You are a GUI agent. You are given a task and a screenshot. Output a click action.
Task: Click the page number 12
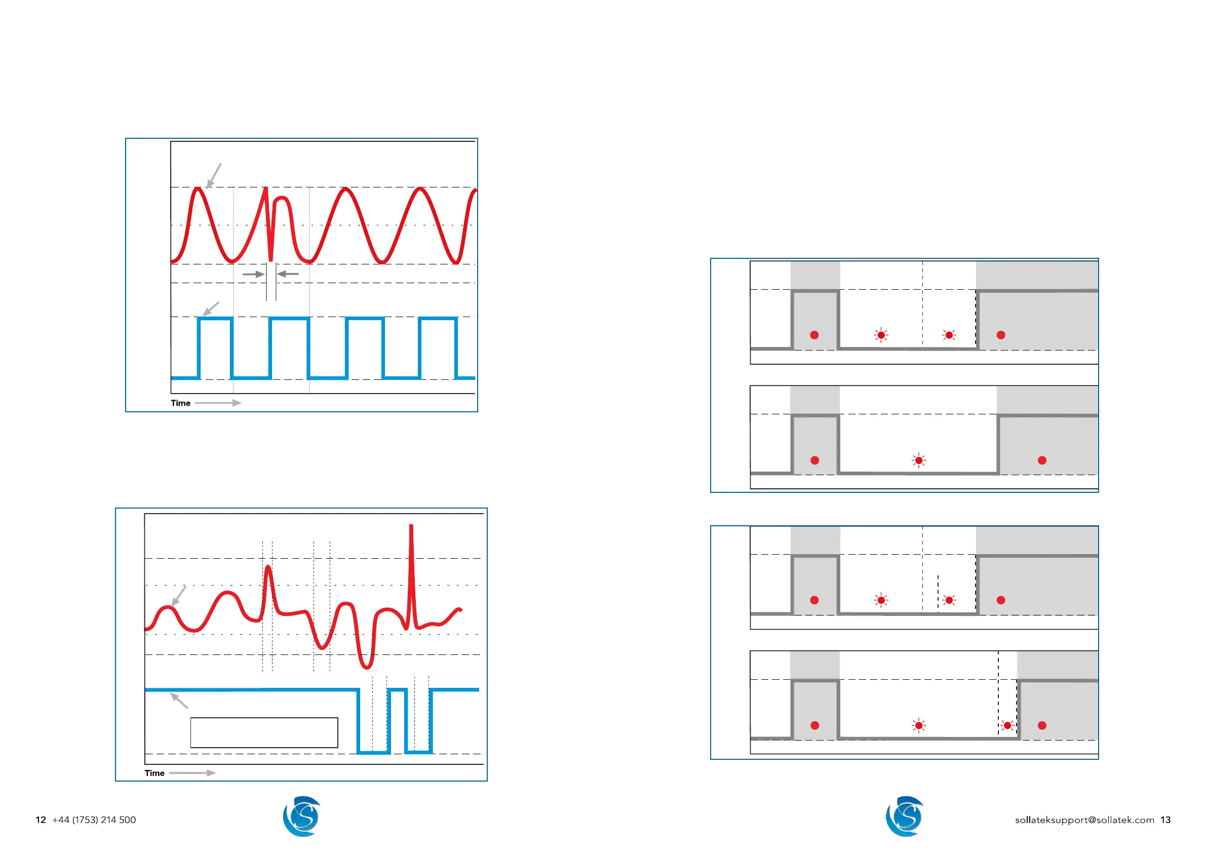click(x=41, y=820)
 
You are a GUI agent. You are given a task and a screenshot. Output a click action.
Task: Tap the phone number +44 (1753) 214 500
click(x=94, y=820)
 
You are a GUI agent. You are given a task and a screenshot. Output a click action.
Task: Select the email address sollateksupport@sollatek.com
click(x=1084, y=820)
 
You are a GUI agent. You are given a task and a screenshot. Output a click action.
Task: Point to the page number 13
click(x=1165, y=820)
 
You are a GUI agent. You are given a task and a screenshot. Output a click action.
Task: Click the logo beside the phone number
click(x=301, y=816)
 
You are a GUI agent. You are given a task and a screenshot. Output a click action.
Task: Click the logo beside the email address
click(x=905, y=816)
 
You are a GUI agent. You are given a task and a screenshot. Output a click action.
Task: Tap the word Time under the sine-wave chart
click(x=180, y=403)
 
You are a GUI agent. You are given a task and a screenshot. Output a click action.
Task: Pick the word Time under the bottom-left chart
click(x=154, y=773)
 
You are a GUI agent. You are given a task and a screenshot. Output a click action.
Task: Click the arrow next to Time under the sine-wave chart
click(x=218, y=403)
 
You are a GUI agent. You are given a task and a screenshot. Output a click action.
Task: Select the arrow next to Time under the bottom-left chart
click(x=192, y=773)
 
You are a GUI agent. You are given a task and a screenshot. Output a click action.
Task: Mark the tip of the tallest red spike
click(x=411, y=526)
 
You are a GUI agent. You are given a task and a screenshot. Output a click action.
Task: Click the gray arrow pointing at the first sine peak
click(x=214, y=175)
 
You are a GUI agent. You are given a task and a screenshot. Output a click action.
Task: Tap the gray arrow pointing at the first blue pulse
click(x=211, y=309)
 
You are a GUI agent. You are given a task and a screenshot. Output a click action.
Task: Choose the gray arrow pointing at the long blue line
click(x=179, y=701)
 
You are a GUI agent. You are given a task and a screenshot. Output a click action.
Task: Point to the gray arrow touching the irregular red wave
click(x=179, y=596)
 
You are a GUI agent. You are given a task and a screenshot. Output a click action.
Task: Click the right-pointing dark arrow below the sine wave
click(x=254, y=274)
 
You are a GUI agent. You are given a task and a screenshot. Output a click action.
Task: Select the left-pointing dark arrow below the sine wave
click(x=288, y=274)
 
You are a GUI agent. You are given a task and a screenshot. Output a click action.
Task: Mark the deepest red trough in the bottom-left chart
click(x=367, y=667)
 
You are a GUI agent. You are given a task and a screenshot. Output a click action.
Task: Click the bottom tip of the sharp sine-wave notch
click(x=270, y=260)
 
